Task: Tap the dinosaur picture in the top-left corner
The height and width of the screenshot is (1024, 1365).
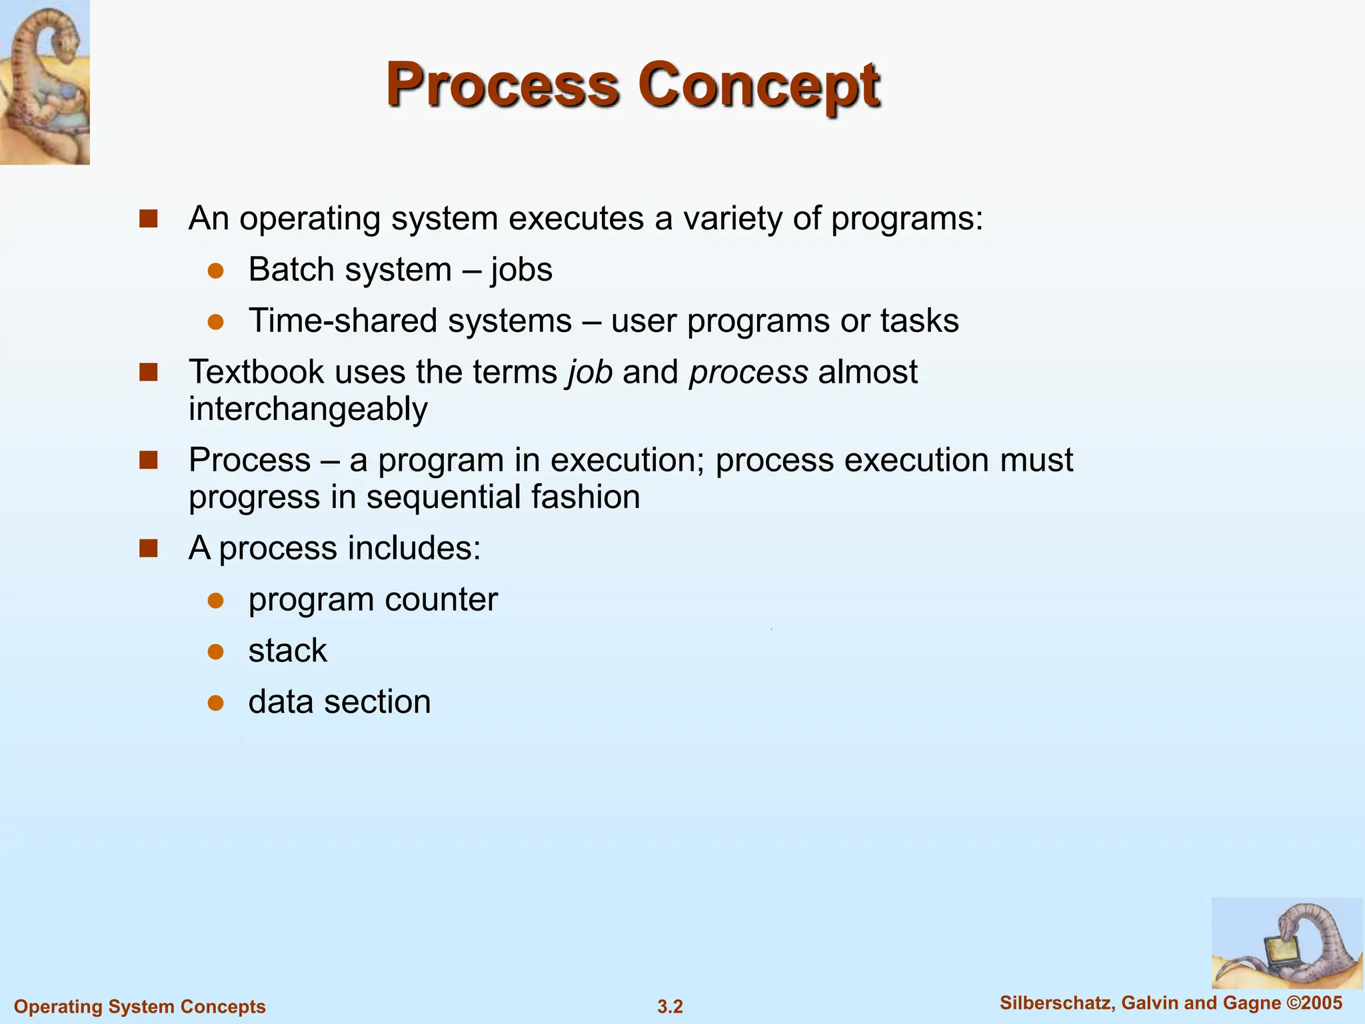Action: click(45, 82)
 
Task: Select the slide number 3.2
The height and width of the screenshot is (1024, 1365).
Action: click(670, 1007)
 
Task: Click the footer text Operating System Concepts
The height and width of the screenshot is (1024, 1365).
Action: click(140, 1007)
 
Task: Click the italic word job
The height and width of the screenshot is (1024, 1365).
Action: click(590, 372)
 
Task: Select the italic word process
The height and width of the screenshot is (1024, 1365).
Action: click(748, 372)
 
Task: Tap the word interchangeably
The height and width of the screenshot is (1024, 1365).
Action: click(308, 409)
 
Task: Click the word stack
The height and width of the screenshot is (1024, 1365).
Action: click(287, 651)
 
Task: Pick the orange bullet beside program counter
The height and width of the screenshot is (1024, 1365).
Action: click(215, 601)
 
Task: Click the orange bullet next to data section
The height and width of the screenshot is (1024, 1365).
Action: click(215, 703)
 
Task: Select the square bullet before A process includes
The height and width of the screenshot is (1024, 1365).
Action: click(148, 549)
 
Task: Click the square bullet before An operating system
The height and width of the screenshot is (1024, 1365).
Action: click(148, 219)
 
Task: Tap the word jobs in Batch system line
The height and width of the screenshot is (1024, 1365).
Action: click(521, 270)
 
